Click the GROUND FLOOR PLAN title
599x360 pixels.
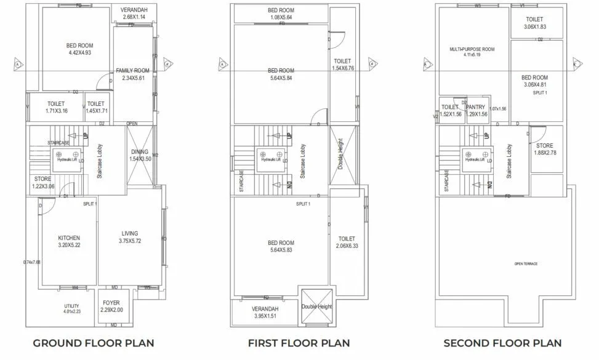pos(93,343)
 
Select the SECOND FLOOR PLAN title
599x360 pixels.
pos(502,343)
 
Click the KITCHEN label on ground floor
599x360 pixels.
pos(69,238)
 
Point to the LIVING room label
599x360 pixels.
pos(130,233)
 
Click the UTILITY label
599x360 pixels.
pos(71,305)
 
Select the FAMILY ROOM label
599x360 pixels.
pos(132,71)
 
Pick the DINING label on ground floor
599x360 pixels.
pos(140,152)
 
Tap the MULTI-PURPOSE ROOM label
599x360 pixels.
pos(472,49)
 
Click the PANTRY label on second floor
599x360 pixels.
pos(476,107)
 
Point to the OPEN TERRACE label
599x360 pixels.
pos(526,263)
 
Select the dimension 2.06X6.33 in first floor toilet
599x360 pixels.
pos(347,246)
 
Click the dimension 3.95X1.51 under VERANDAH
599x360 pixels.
pos(265,316)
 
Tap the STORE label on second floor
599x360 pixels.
pos(544,146)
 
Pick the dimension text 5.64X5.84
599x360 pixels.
pos(281,78)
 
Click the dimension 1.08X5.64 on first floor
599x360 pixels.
pos(281,17)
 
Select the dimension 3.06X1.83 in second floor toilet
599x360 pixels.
pos(534,27)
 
